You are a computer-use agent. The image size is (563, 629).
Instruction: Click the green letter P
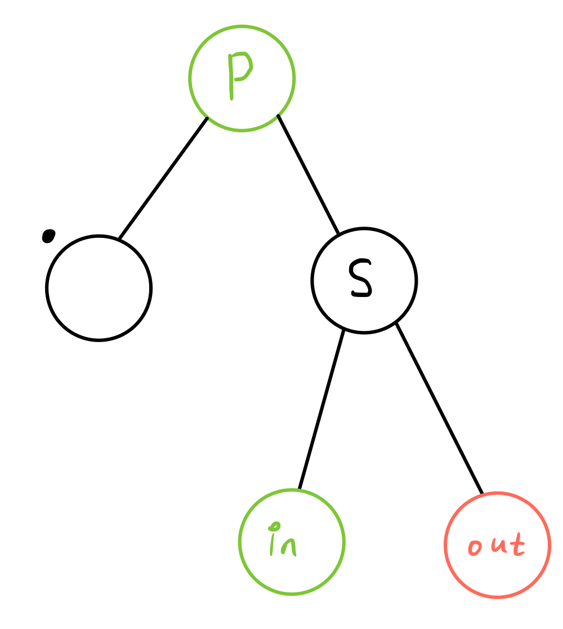tap(239, 74)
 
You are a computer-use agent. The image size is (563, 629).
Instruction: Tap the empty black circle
tap(99, 288)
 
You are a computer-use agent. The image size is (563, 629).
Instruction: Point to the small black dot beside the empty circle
tap(49, 236)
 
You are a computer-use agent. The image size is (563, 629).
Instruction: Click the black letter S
tap(361, 278)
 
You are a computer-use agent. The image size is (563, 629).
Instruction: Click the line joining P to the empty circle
tap(163, 178)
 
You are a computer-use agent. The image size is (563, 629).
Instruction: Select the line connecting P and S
tap(309, 175)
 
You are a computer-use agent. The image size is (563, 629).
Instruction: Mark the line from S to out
tap(439, 409)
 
